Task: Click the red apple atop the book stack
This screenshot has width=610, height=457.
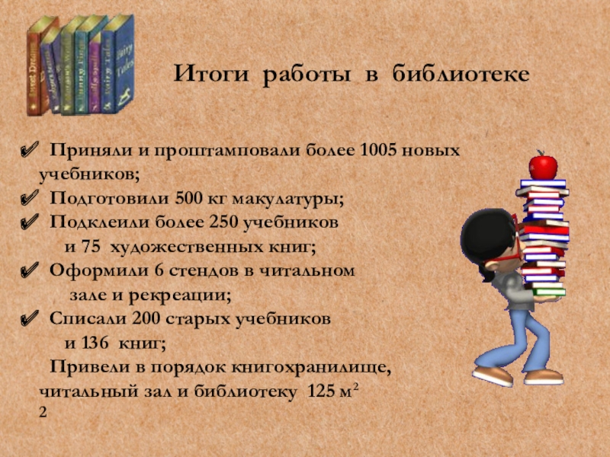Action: click(x=543, y=165)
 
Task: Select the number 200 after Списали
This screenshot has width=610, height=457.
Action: click(x=146, y=319)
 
